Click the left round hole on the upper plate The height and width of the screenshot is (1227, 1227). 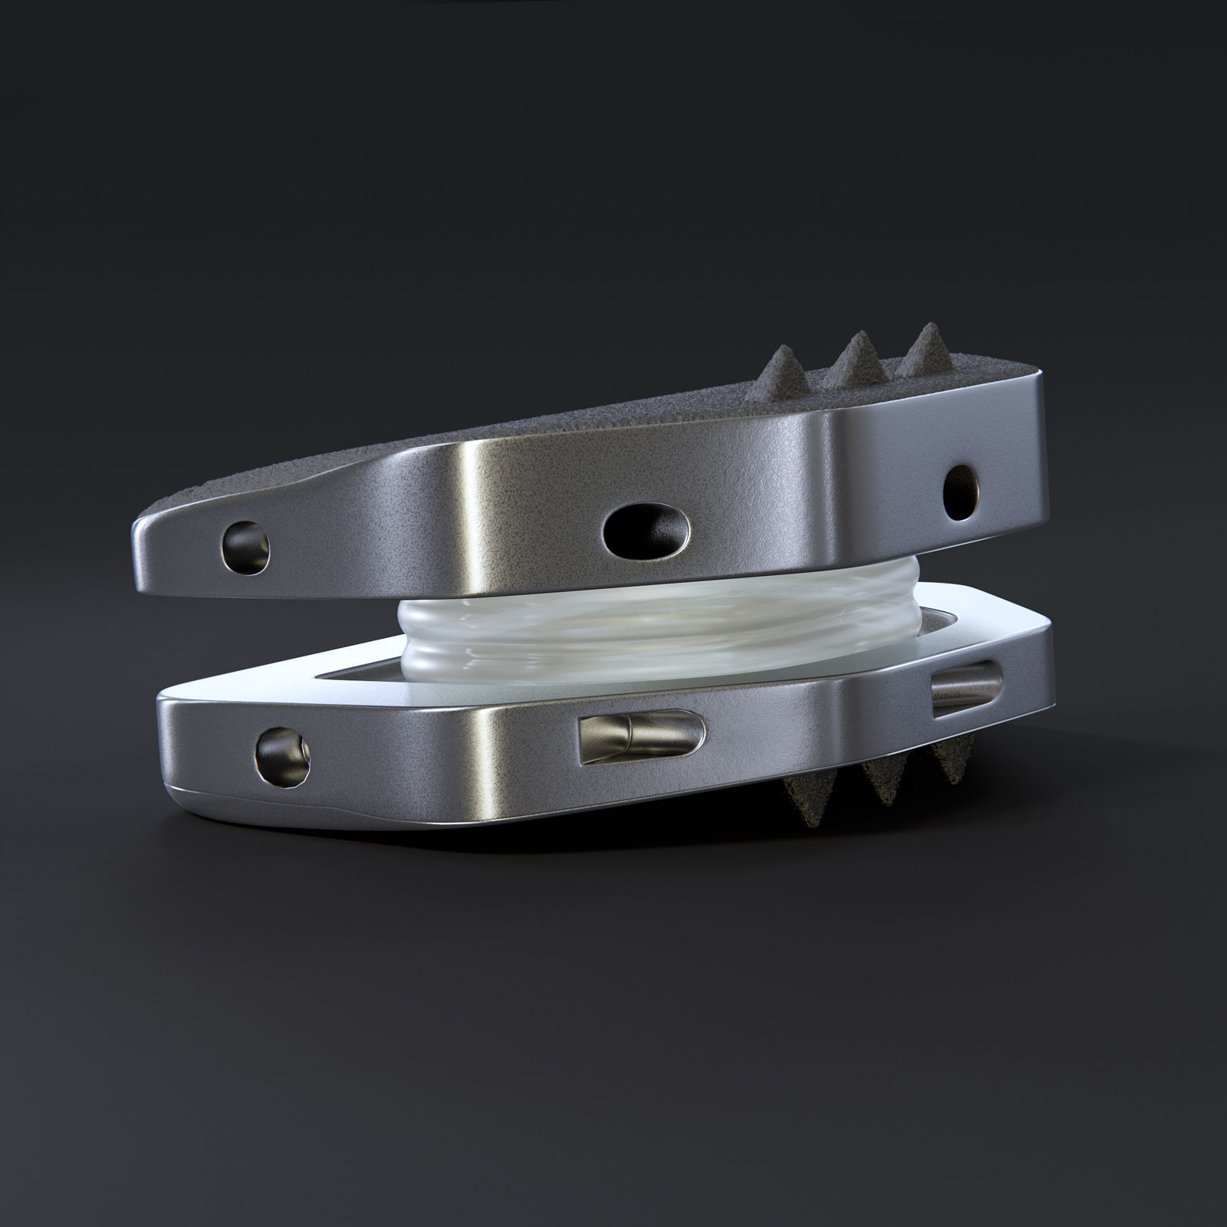[246, 545]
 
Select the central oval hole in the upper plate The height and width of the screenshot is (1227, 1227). [646, 528]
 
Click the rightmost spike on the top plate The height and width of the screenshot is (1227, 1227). [925, 348]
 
